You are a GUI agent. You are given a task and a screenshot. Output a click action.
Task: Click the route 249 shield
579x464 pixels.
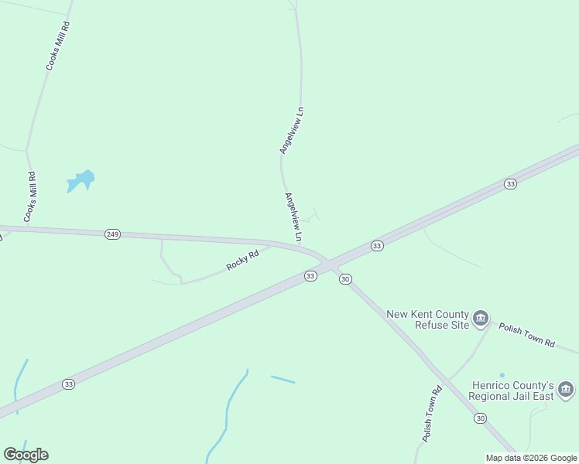(x=112, y=234)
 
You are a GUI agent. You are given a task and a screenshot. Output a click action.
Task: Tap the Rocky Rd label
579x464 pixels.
(x=242, y=259)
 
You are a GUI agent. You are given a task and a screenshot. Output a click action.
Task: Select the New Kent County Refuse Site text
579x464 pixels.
(x=428, y=319)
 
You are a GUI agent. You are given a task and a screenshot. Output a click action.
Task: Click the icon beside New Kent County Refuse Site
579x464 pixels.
(x=481, y=318)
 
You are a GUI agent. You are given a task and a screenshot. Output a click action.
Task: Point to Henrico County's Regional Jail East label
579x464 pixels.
(x=513, y=391)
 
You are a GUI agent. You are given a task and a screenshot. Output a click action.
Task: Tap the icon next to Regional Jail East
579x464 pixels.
(x=566, y=388)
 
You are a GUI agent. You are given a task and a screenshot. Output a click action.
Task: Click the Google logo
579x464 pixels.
(x=26, y=455)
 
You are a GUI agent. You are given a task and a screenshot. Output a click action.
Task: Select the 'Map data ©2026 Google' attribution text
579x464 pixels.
(x=531, y=458)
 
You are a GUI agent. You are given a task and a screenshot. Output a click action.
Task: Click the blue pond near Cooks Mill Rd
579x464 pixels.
(x=81, y=181)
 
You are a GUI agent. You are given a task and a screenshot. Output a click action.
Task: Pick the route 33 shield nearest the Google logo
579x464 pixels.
(x=69, y=384)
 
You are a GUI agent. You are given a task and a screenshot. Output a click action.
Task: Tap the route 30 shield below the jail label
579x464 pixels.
(x=481, y=418)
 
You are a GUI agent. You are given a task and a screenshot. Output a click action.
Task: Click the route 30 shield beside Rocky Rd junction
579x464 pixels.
(x=345, y=279)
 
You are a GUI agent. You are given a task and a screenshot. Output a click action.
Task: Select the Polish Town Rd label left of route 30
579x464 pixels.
(x=431, y=414)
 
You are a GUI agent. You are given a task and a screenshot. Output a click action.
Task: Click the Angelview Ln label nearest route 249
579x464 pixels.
(x=293, y=214)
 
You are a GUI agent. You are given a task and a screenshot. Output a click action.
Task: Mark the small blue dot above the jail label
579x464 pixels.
(x=502, y=375)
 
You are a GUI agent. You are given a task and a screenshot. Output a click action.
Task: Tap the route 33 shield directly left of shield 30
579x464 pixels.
(x=310, y=276)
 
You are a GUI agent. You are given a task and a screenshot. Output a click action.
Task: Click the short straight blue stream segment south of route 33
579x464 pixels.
(x=283, y=379)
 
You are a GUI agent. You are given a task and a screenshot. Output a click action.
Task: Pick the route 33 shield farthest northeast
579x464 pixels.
(x=509, y=183)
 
